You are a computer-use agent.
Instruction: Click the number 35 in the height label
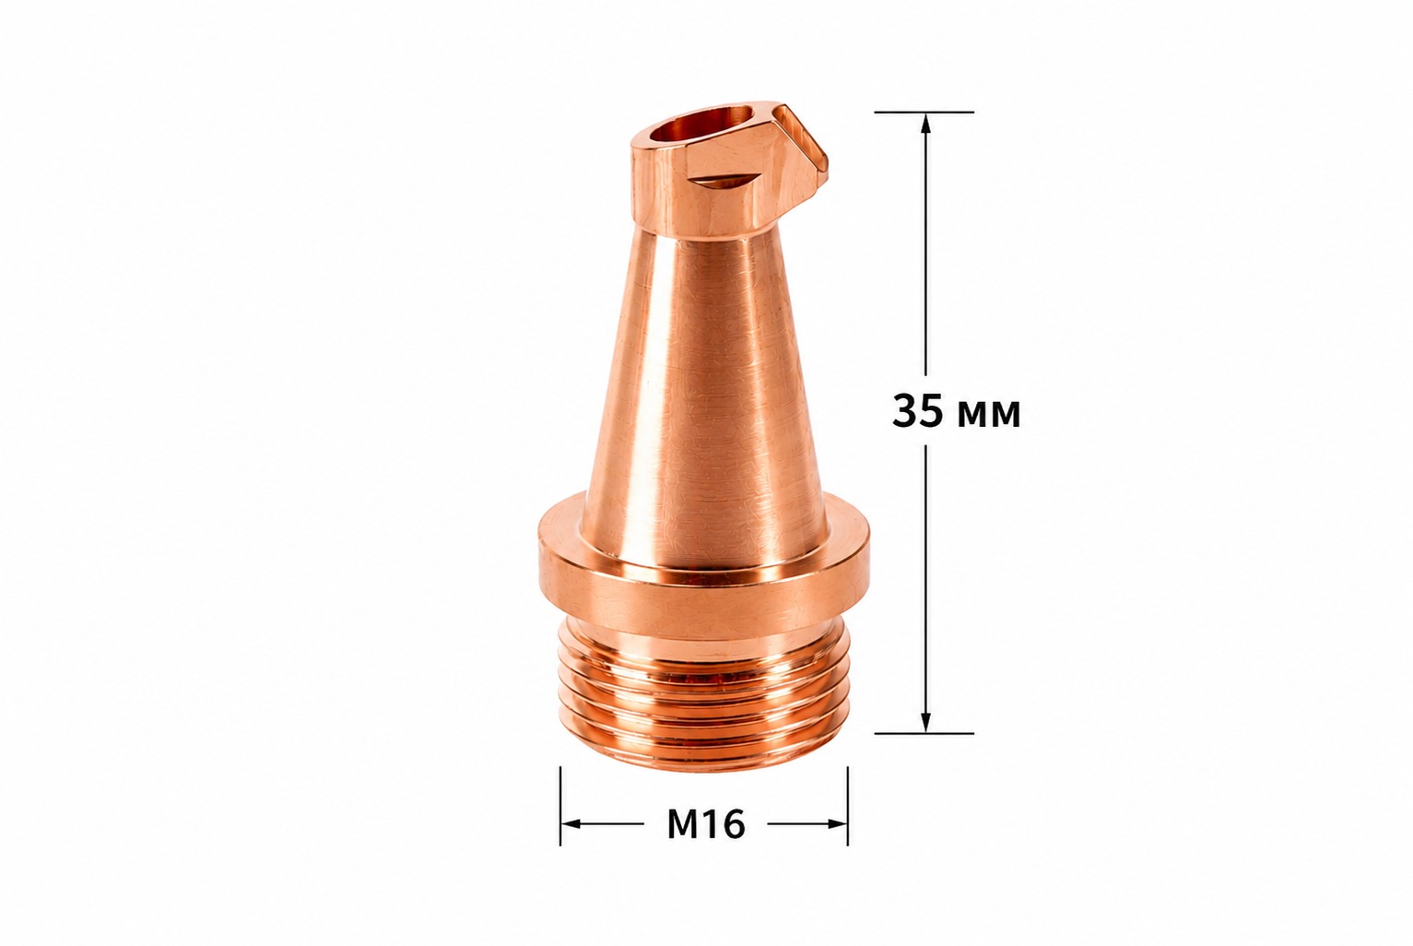pyautogui.click(x=916, y=412)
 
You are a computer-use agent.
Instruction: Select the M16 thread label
pyautogui.click(x=706, y=824)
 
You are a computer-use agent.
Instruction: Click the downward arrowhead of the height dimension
pyautogui.click(x=925, y=721)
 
